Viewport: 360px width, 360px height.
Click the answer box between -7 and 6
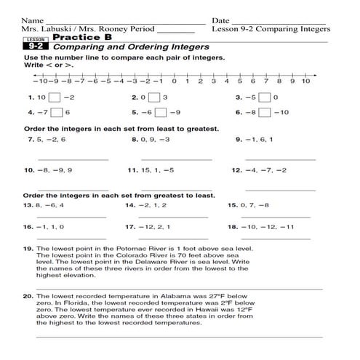57,113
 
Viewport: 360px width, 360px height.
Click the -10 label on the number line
39,81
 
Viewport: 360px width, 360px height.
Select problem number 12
236,170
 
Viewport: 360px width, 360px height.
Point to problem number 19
28,249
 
